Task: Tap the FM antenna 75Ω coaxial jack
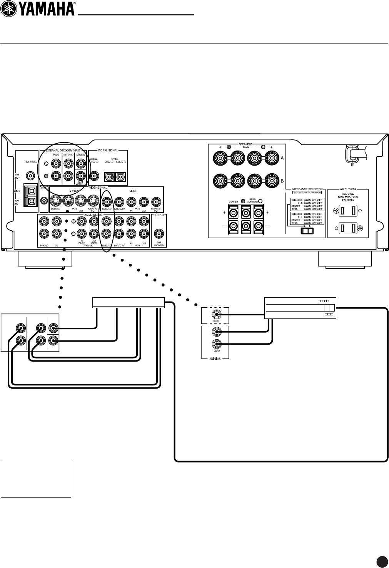tap(30, 176)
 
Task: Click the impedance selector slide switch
tap(307, 231)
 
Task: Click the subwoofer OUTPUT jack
tap(159, 233)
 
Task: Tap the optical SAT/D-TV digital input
tap(121, 176)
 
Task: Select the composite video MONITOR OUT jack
tap(156, 201)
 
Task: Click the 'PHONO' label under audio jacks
tap(44, 245)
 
